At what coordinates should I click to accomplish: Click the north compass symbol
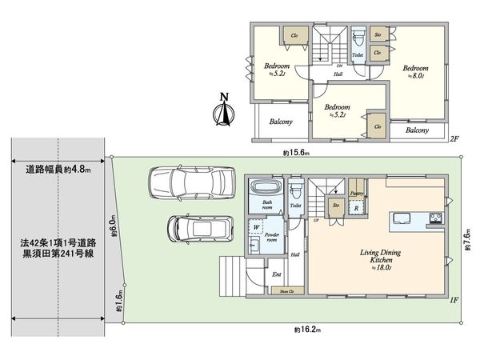224,112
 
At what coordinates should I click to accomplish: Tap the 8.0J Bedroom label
415,71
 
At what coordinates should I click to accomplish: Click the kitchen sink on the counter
400,218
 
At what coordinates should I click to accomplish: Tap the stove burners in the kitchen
434,218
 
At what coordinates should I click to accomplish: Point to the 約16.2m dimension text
306,329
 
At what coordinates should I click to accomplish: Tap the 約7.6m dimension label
468,237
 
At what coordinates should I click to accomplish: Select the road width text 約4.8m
58,169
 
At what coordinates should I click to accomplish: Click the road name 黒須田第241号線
58,254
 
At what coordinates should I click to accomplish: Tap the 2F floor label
454,138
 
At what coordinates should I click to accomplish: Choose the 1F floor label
454,300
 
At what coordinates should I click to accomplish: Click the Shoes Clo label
286,291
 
